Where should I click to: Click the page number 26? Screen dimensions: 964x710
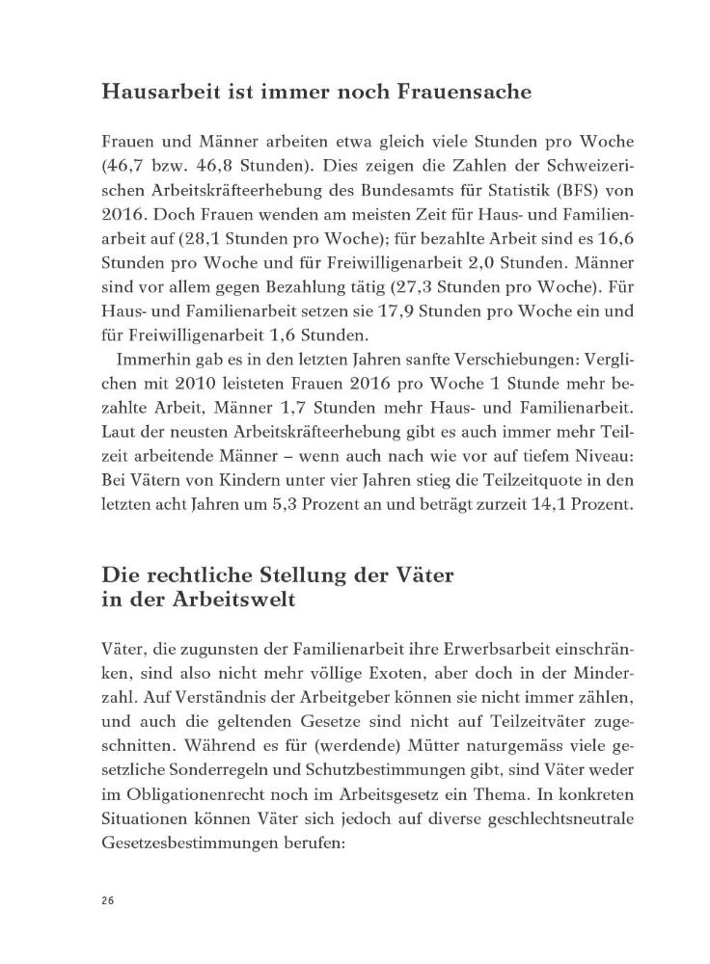pos(107,899)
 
